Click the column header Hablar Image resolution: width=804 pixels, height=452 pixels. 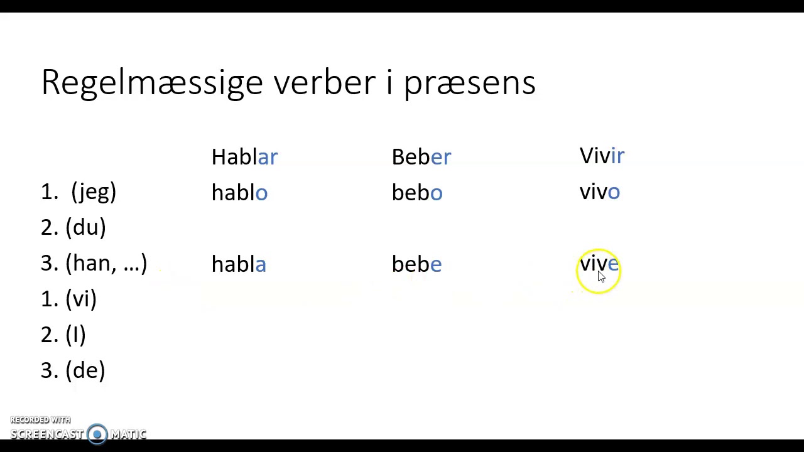coord(244,157)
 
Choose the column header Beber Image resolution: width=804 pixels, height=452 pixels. coord(421,157)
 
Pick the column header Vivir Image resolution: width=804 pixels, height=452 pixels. coord(602,156)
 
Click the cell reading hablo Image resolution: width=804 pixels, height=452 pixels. coord(239,193)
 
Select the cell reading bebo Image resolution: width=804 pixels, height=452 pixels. coord(416,193)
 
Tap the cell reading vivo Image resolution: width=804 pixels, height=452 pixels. coord(599,192)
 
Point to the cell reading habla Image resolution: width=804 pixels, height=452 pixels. coord(239,264)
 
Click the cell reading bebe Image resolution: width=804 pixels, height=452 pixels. coord(416,264)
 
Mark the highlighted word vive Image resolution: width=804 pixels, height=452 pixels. coord(599,264)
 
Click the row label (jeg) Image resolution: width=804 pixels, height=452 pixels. coord(94,192)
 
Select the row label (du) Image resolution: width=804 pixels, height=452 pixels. coord(85,228)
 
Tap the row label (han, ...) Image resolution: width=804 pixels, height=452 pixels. coord(106,264)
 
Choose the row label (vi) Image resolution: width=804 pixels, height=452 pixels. coord(81,299)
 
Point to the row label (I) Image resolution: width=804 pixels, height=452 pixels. coord(75,335)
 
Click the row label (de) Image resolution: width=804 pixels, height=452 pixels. coord(85,371)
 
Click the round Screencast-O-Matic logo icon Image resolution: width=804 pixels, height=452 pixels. coord(97,434)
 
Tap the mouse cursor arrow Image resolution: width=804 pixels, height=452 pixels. coord(601,277)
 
